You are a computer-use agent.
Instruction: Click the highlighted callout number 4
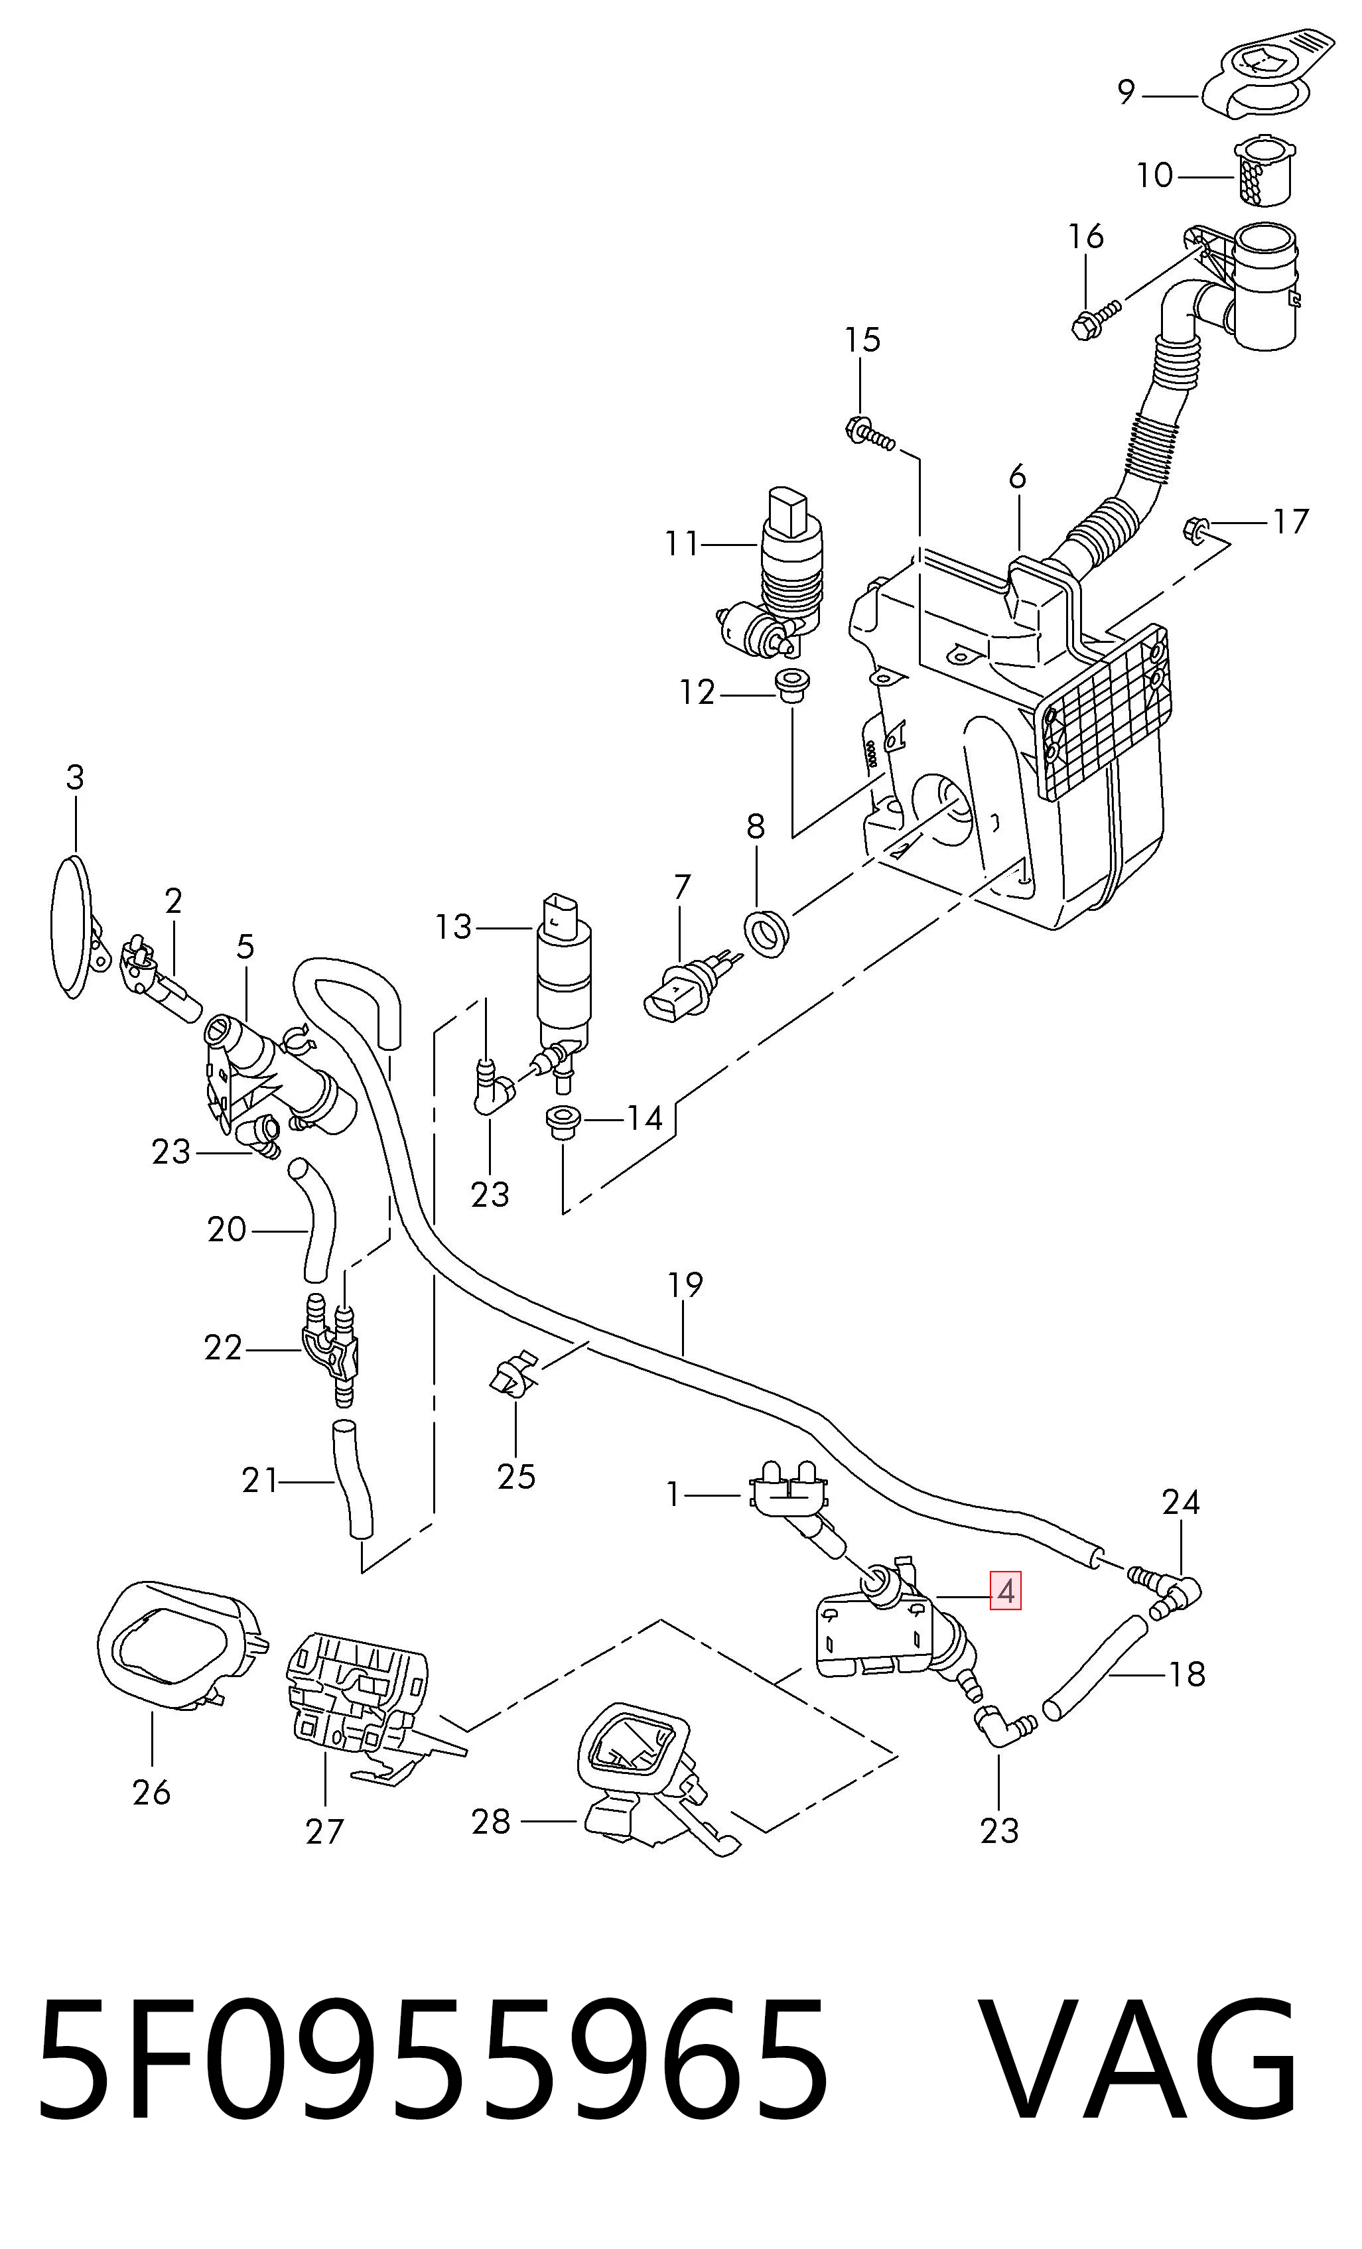point(1005,1592)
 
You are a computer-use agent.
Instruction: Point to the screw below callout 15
point(871,435)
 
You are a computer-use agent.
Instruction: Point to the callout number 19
point(685,1284)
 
